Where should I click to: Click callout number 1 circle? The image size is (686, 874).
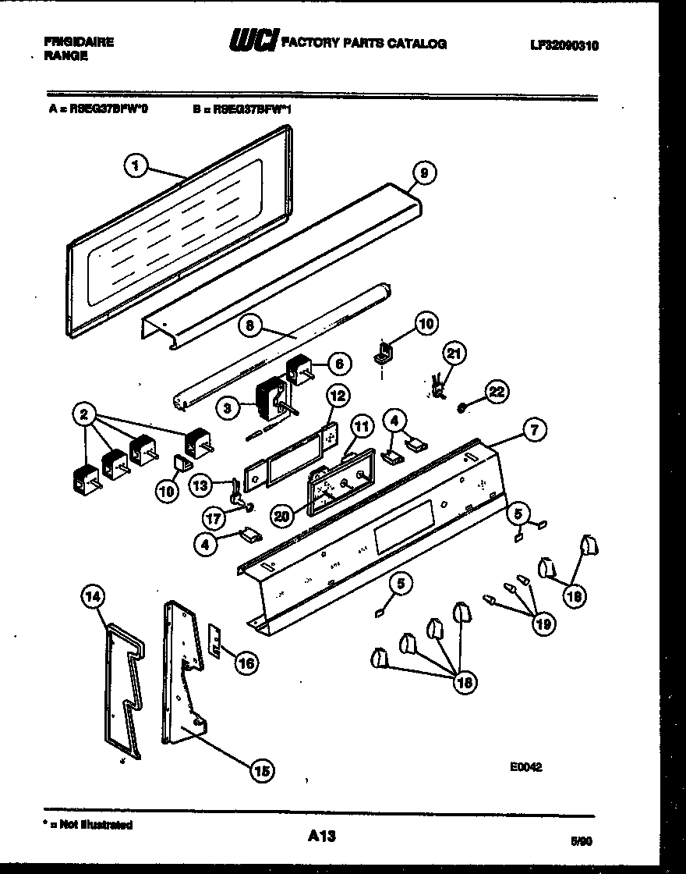(x=136, y=165)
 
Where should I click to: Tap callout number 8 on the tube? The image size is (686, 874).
(x=249, y=329)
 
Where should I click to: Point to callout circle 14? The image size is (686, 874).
(x=93, y=599)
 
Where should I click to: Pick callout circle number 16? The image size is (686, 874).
(x=246, y=663)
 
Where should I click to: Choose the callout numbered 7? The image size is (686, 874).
(x=534, y=428)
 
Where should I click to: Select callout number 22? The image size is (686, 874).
(x=497, y=392)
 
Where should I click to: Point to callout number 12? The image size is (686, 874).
(x=336, y=396)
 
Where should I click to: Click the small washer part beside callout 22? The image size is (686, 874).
(x=463, y=407)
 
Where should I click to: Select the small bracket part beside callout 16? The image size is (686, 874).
(x=215, y=639)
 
